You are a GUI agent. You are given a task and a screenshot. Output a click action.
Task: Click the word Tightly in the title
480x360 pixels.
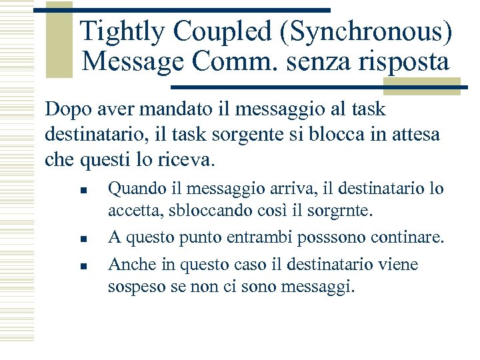point(121,31)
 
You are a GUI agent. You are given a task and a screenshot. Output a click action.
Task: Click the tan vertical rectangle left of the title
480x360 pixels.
point(60,40)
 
